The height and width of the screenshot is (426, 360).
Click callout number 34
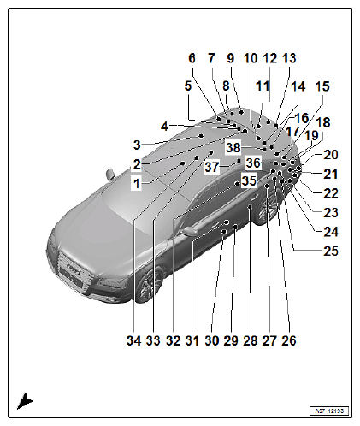(x=133, y=340)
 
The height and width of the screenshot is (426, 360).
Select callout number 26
(x=289, y=340)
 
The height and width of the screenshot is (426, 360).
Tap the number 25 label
(x=331, y=251)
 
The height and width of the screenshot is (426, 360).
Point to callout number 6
(x=192, y=58)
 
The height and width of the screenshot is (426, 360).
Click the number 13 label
(x=289, y=58)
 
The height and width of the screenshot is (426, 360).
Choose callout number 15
(x=322, y=86)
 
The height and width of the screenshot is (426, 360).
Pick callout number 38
(x=233, y=148)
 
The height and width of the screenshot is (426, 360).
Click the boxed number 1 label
(x=137, y=184)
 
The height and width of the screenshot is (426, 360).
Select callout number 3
(x=137, y=145)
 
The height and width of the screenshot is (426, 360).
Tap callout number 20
(x=331, y=155)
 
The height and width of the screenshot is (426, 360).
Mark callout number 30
(x=212, y=340)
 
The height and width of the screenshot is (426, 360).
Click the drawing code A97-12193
(x=329, y=411)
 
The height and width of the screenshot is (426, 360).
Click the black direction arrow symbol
(x=25, y=401)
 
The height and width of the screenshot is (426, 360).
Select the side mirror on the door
(x=189, y=230)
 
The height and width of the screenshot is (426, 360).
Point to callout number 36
(x=253, y=163)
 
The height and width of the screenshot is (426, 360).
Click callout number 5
(x=188, y=86)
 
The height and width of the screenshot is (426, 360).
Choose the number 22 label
(x=331, y=193)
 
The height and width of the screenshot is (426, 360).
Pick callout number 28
(x=251, y=340)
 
